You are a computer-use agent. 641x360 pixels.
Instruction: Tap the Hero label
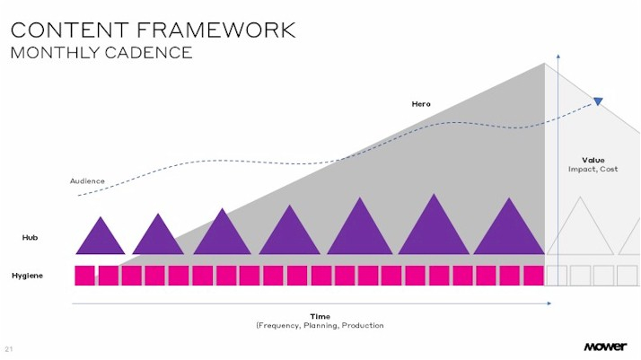[x=421, y=104]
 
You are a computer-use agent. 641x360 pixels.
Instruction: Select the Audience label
[x=88, y=181]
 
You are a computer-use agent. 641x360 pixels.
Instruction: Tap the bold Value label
[x=593, y=160]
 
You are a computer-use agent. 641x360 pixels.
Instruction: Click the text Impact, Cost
[x=593, y=169]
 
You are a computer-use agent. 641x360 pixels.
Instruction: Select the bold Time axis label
[x=320, y=316]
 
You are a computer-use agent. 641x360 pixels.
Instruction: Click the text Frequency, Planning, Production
[x=320, y=325]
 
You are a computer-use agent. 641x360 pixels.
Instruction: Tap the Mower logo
[x=605, y=347]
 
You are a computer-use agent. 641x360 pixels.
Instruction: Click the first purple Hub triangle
[x=100, y=239]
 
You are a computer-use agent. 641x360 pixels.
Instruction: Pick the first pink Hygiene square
[x=84, y=276]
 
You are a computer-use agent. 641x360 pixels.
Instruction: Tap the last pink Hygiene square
[x=533, y=276]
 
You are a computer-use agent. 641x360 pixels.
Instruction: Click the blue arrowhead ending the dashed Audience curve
[x=598, y=101]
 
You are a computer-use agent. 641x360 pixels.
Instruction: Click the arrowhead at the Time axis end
[x=549, y=304]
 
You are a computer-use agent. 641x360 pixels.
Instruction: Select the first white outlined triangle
[x=579, y=229]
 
